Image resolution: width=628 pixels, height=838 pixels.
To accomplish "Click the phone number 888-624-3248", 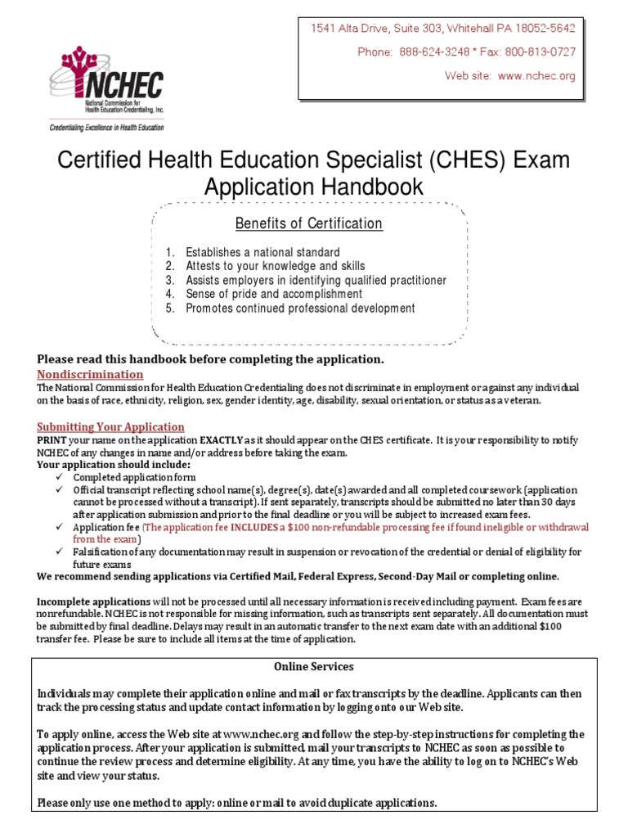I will (434, 52).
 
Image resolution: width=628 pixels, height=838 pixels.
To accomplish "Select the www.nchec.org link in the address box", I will (536, 75).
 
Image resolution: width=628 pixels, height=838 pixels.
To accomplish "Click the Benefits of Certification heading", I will (309, 223).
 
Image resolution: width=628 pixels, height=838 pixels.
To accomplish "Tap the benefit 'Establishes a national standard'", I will (262, 252).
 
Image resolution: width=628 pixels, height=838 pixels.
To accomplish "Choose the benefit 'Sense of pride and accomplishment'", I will (274, 294).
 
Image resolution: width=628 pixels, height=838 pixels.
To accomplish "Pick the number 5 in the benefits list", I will (169, 309).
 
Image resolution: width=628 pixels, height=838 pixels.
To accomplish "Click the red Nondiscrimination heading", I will (91, 374).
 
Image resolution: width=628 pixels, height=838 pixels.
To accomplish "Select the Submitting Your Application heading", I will (111, 426).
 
